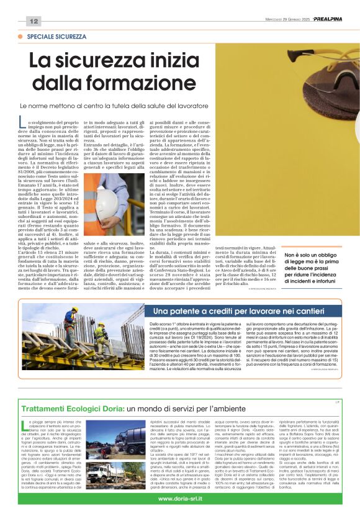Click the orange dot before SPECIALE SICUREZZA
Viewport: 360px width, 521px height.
tap(22, 37)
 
